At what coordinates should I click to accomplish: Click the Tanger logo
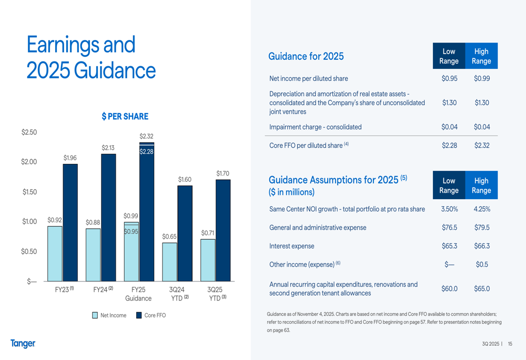point(23,344)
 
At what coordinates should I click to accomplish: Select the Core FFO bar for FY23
point(70,223)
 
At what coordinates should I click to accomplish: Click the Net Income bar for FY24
point(93,255)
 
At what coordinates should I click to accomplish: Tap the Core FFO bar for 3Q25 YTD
point(223,231)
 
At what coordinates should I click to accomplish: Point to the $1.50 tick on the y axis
point(29,192)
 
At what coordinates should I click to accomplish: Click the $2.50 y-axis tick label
point(29,132)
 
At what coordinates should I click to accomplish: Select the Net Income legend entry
point(109,315)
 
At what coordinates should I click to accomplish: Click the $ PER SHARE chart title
point(125,117)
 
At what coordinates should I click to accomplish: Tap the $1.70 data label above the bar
point(223,173)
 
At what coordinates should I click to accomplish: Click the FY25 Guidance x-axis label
point(138,294)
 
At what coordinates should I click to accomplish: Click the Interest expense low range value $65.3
point(449,246)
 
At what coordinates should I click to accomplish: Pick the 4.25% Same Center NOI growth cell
point(482,209)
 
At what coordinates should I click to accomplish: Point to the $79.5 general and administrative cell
point(482,228)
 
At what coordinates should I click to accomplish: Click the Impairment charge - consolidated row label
point(316,127)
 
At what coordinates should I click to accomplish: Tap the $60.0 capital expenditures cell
point(449,289)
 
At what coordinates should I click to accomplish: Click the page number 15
point(510,344)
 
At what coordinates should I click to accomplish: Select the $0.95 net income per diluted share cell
point(449,79)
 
